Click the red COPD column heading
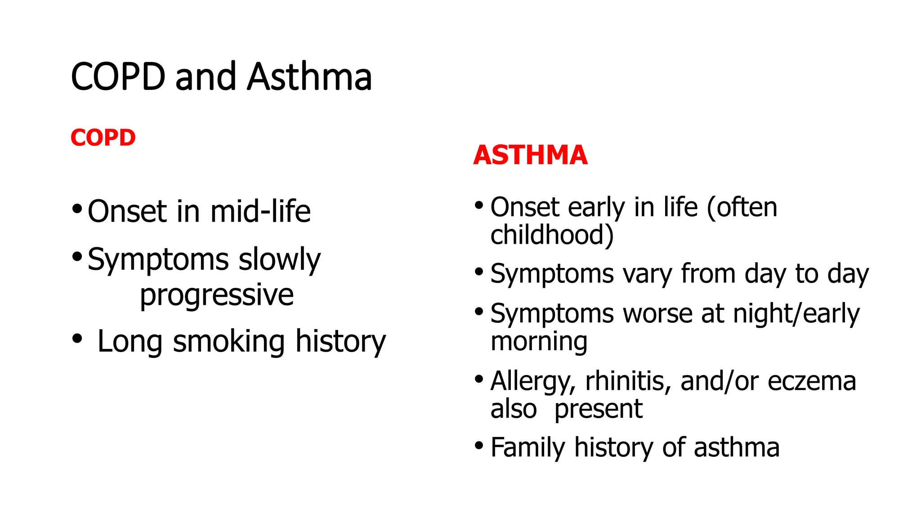click(x=103, y=138)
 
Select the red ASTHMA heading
click(x=530, y=155)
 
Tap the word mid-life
click(x=260, y=211)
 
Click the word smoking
click(x=229, y=341)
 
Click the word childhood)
click(x=552, y=235)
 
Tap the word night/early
click(x=796, y=313)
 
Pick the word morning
click(x=539, y=342)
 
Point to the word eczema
click(x=812, y=381)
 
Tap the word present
click(x=598, y=410)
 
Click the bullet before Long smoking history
click(x=77, y=338)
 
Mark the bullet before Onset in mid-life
click(x=77, y=209)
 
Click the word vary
click(x=647, y=274)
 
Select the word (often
click(x=742, y=207)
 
